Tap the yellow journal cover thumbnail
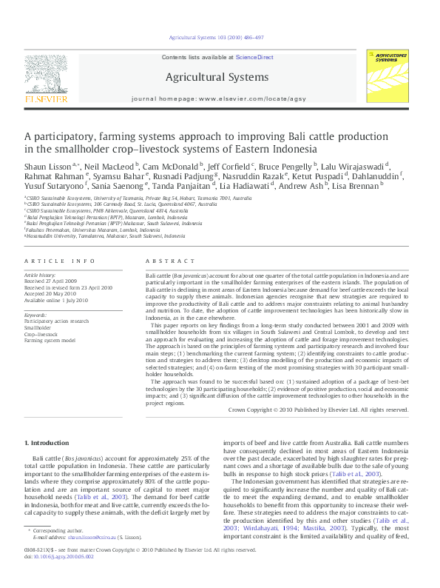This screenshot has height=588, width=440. click(x=391, y=76)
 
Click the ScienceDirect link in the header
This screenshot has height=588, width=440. click(x=255, y=57)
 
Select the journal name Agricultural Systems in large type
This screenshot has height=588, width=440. click(x=217, y=77)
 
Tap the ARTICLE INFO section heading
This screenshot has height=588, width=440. click(x=60, y=261)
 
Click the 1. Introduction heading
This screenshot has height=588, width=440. click(x=48, y=443)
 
